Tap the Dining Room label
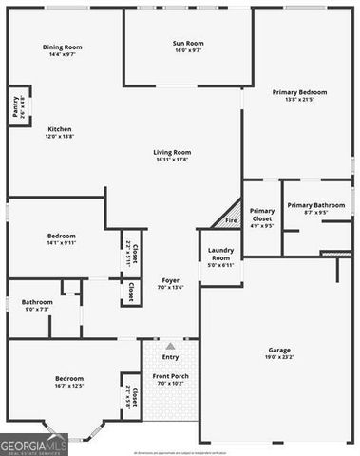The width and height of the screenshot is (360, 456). click(x=63, y=47)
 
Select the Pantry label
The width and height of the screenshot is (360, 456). click(x=16, y=105)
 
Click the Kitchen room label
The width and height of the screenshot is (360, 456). click(x=60, y=129)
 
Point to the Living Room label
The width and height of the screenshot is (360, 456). click(x=174, y=152)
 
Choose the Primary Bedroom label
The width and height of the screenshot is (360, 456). click(x=299, y=92)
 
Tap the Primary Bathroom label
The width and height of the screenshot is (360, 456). click(x=316, y=205)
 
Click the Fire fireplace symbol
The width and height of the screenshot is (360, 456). click(x=231, y=220)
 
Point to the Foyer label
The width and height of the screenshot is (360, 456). click(x=170, y=280)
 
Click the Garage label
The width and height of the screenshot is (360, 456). click(x=279, y=350)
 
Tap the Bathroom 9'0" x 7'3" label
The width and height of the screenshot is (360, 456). click(x=37, y=302)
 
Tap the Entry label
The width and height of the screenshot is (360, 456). click(x=170, y=357)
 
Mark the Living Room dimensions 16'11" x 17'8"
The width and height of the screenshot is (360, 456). click(x=174, y=160)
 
